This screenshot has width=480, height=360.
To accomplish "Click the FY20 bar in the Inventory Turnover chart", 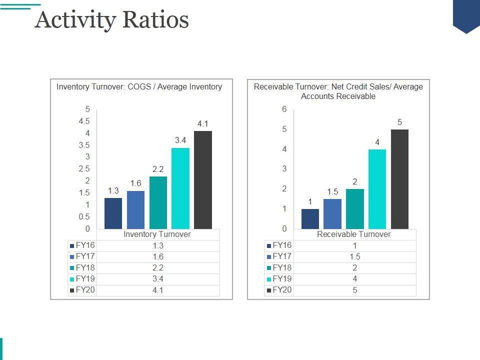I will (202, 180).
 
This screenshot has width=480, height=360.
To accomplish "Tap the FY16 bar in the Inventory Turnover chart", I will (113, 213).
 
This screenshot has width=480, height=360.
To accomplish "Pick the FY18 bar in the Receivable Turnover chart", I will (355, 209).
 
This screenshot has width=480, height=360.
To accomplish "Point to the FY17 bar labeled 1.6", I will (135, 210).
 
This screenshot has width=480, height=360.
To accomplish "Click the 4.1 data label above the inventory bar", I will (202, 124).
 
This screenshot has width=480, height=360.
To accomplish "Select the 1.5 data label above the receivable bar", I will (332, 192).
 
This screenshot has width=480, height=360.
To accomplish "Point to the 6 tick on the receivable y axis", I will (284, 109).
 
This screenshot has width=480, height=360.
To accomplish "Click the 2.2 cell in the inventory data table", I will (157, 268).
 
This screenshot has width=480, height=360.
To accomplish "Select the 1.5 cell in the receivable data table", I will (354, 257).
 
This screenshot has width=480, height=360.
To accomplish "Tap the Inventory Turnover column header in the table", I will (157, 234).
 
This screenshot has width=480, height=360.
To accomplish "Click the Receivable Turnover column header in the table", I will (354, 234).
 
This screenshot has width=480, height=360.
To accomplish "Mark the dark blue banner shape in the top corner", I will (466, 15).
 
